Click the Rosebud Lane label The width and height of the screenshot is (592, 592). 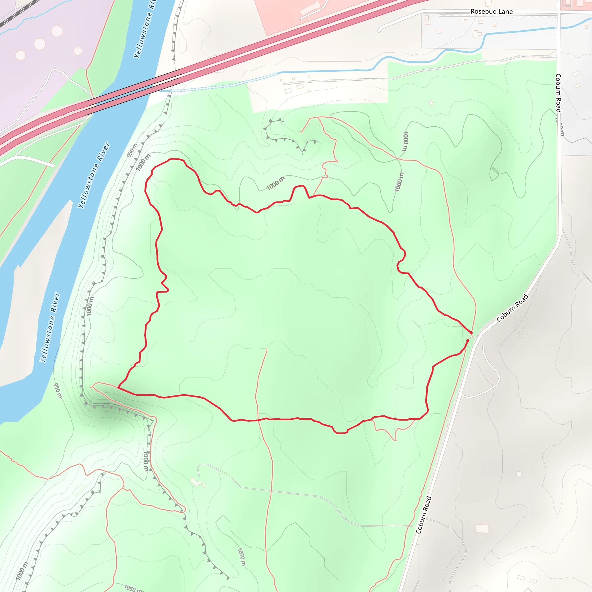[x=491, y=12]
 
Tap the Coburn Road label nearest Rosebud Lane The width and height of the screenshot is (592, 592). [x=558, y=93]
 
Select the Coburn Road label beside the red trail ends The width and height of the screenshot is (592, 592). [x=512, y=308]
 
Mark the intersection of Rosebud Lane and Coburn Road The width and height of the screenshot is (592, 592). [x=560, y=13]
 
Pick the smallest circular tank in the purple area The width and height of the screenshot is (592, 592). [x=78, y=51]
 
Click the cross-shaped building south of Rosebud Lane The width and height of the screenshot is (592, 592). [x=476, y=34]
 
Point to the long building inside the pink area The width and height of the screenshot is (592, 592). [x=310, y=8]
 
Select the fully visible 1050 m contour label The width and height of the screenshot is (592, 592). [x=241, y=557]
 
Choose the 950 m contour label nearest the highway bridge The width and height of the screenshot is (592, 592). [x=132, y=150]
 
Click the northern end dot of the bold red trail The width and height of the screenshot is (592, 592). [x=471, y=333]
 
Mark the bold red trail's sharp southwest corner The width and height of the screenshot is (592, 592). [x=118, y=388]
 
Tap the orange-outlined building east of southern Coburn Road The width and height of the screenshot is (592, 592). [x=482, y=529]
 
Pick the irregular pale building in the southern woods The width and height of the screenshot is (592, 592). [x=196, y=482]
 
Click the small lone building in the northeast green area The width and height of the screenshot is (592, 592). [x=431, y=103]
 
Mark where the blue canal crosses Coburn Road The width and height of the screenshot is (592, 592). [x=560, y=28]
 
